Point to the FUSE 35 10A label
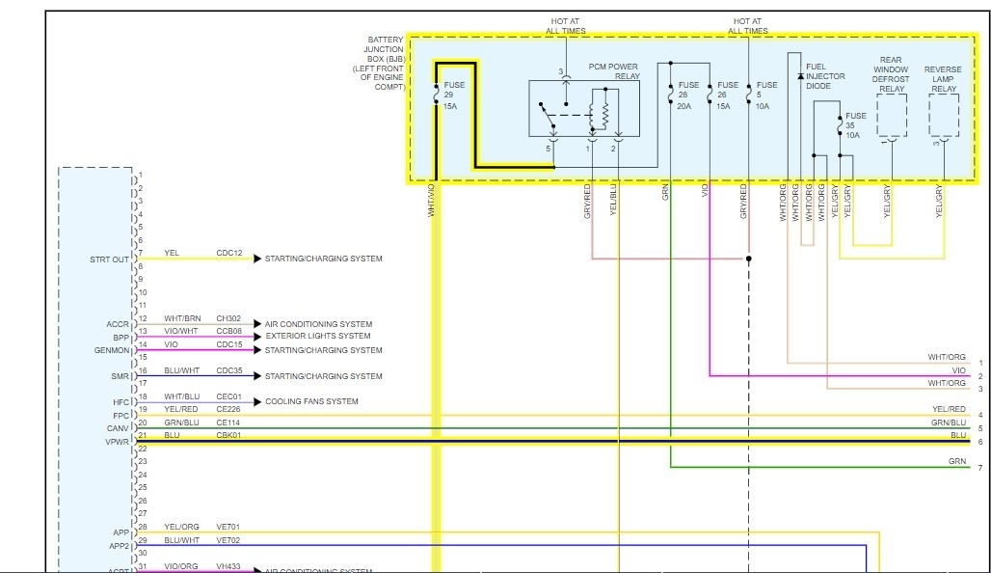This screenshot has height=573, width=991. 855,125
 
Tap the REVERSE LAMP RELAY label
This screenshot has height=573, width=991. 943,79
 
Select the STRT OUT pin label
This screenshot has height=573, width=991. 109,259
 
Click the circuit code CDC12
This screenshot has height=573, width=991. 229,254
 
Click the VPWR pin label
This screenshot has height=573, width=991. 117,442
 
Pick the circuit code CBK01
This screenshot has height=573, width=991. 229,436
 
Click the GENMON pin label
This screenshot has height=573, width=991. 111,350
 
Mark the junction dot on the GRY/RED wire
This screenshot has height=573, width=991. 748,259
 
